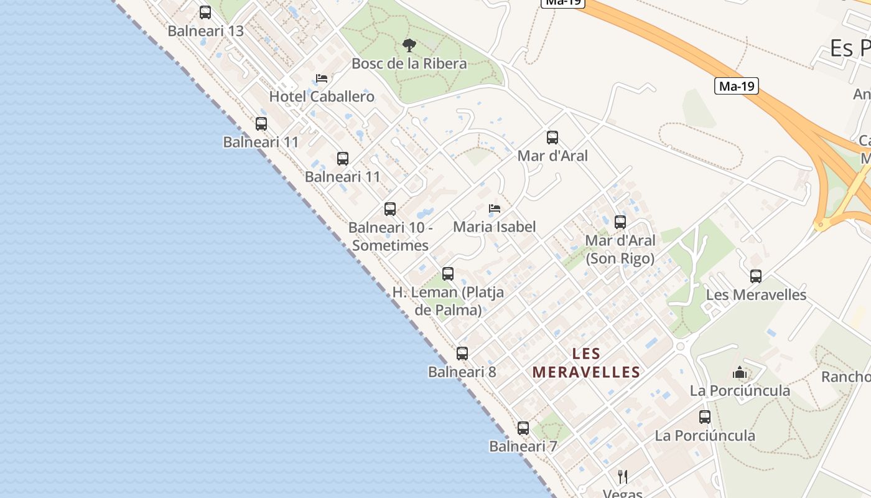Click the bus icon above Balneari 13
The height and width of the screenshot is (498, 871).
[205, 12]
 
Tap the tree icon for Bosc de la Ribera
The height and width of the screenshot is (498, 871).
[409, 45]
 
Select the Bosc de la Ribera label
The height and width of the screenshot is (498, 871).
[409, 63]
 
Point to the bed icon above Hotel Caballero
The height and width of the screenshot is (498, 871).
[322, 78]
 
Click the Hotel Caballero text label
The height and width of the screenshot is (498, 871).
[322, 96]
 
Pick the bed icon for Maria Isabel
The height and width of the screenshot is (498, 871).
[495, 209]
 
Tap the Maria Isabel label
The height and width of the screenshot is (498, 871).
[495, 227]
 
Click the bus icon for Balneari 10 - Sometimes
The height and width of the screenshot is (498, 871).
[390, 209]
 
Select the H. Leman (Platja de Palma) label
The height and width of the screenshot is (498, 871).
[448, 301]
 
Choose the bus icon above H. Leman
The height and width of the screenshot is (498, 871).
[448, 273]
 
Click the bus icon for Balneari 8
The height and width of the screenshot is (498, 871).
[462, 354]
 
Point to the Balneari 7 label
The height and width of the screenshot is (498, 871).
[523, 446]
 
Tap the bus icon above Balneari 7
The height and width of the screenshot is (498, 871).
[523, 428]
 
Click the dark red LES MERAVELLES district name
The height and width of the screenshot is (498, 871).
[586, 363]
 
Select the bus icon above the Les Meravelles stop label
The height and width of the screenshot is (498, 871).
[756, 276]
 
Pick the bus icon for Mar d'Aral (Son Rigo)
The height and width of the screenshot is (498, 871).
[620, 222]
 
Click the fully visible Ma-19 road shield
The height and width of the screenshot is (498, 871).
[737, 87]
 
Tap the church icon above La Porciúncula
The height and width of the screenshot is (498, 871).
[740, 373]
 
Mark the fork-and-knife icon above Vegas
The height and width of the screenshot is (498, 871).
[623, 477]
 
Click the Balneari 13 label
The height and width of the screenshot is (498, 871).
[205, 31]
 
